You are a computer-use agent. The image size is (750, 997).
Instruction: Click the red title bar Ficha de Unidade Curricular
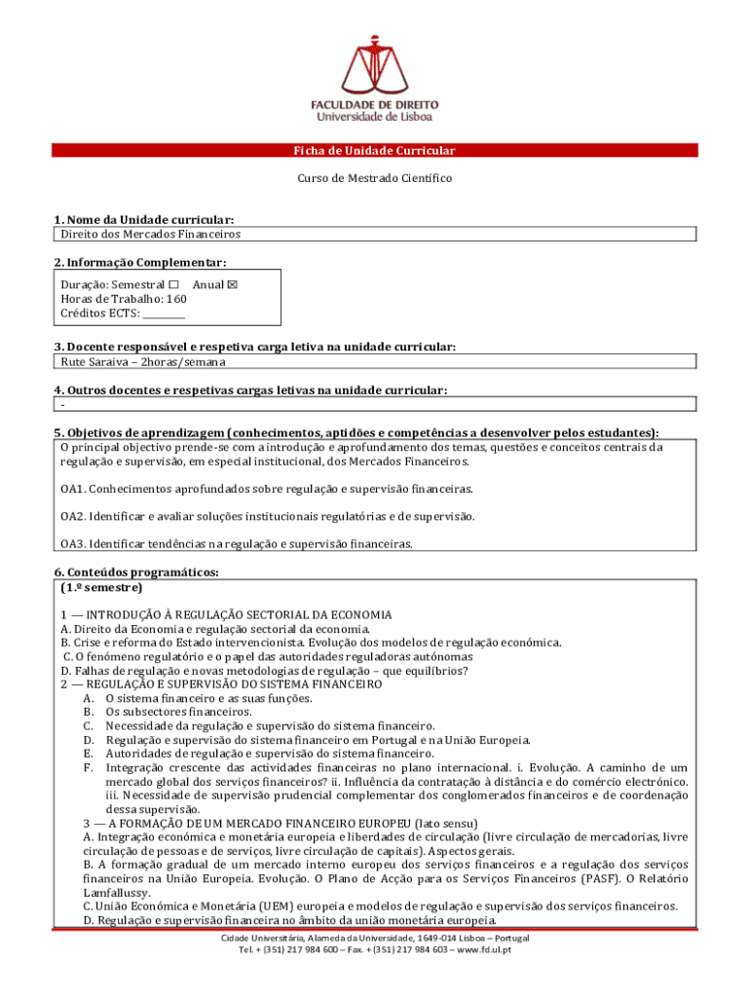click(x=375, y=151)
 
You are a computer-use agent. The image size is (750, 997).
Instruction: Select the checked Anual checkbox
click(x=232, y=284)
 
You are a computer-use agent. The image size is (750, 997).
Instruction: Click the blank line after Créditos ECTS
click(x=164, y=314)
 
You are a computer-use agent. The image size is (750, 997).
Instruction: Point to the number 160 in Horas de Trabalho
click(x=175, y=299)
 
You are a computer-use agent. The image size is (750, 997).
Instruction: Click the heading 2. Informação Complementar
click(x=140, y=263)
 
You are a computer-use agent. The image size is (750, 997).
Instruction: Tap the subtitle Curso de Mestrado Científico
click(x=375, y=179)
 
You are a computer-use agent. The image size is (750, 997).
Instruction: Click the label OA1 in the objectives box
click(x=74, y=489)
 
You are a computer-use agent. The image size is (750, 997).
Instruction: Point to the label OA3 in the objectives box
click(x=74, y=544)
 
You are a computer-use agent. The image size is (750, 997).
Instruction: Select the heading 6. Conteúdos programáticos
click(x=136, y=572)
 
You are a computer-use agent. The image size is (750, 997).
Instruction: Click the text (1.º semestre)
click(x=101, y=588)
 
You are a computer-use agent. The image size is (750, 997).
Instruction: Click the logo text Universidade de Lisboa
click(x=375, y=117)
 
